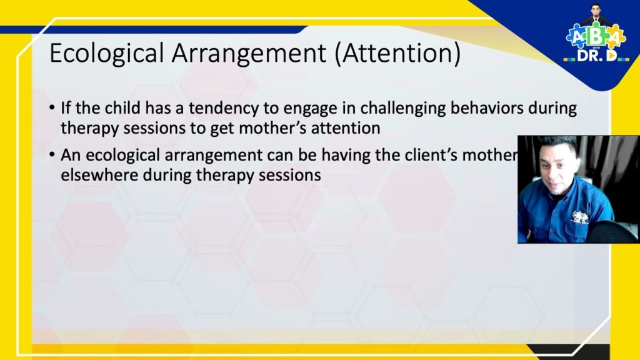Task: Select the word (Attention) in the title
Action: [x=397, y=54]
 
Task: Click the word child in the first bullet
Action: [x=120, y=108]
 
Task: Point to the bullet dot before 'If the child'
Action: [x=52, y=109]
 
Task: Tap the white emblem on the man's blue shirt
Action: [x=581, y=217]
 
